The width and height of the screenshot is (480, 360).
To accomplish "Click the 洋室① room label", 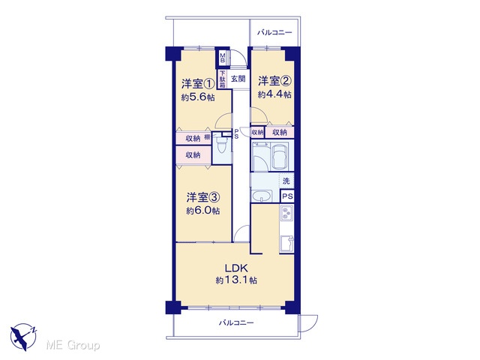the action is [x=197, y=84].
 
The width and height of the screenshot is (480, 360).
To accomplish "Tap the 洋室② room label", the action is [x=274, y=81].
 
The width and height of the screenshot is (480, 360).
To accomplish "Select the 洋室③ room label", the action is [x=203, y=197].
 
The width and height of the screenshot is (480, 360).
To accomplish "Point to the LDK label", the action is [x=236, y=268].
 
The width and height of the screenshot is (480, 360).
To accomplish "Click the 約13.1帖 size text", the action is [x=236, y=280].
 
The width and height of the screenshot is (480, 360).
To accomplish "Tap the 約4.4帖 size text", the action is [x=274, y=94].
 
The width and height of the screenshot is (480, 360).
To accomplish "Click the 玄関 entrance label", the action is [x=238, y=79].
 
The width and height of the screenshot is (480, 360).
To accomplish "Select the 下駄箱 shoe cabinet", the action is [x=222, y=79].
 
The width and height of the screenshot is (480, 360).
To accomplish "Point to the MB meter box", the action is [x=223, y=58].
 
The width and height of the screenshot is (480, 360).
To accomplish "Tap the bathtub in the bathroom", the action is [x=280, y=156].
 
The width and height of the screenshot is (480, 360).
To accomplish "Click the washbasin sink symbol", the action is [x=262, y=196].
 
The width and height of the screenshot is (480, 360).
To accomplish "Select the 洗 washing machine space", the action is [x=286, y=181].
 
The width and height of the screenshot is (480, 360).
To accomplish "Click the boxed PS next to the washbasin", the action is [x=287, y=196].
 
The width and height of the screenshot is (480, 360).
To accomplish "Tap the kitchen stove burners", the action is [x=286, y=213].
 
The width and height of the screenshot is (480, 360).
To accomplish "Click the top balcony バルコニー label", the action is [x=274, y=32].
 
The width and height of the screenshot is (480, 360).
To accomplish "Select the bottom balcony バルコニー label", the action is [x=236, y=322].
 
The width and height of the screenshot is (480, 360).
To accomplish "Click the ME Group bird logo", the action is [x=23, y=337].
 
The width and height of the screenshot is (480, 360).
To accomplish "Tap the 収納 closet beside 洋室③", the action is [x=193, y=155].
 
